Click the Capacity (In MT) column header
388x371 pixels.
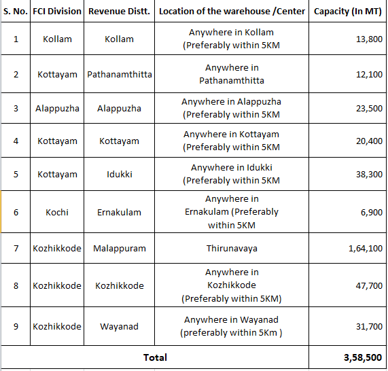(347, 12)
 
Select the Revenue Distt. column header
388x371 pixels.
(119, 12)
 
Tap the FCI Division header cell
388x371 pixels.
(57, 12)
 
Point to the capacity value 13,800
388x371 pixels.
(369, 39)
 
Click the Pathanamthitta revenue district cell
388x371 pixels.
(119, 74)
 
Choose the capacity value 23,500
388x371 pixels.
(369, 108)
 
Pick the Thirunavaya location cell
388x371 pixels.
(232, 249)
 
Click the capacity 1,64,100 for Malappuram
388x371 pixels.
(365, 249)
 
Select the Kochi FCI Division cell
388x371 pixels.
(57, 212)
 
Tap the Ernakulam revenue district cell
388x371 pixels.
(119, 212)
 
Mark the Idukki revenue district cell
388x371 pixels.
(119, 175)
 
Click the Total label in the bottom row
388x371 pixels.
(155, 357)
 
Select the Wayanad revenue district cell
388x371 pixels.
(119, 326)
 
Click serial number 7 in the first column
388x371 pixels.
(16, 249)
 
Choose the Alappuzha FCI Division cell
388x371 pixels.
(57, 108)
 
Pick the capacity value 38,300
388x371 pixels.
(369, 175)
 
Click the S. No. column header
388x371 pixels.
(16, 12)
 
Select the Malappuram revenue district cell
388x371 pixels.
(119, 249)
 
